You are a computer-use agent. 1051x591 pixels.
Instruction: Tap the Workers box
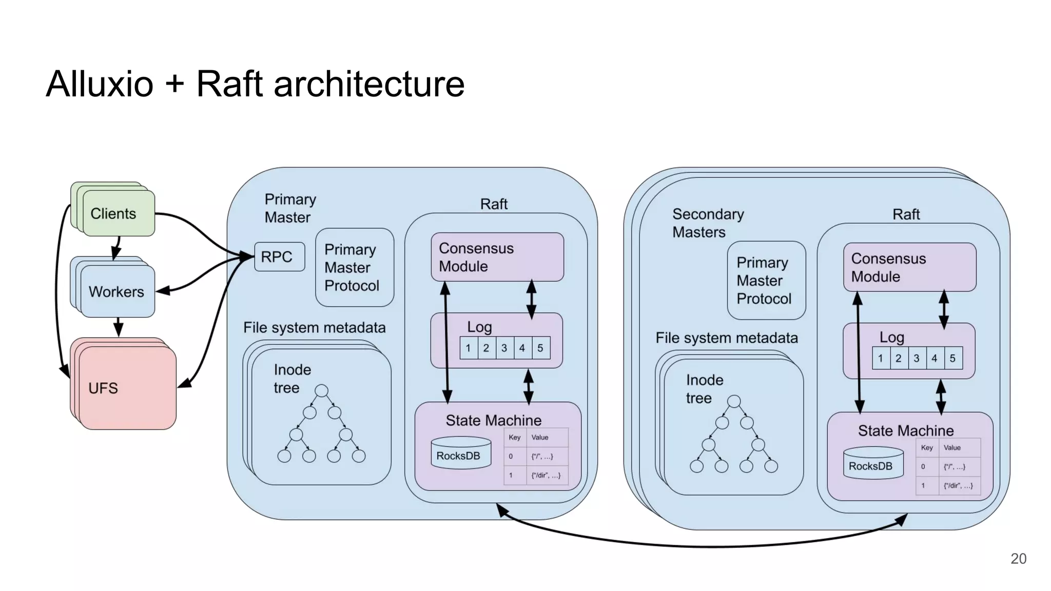pyautogui.click(x=117, y=291)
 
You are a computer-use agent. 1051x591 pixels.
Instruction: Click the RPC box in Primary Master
pyautogui.click(x=279, y=257)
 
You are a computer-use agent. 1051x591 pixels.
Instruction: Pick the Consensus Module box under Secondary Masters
pyautogui.click(x=909, y=267)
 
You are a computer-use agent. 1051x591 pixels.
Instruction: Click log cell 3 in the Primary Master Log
pyautogui.click(x=504, y=348)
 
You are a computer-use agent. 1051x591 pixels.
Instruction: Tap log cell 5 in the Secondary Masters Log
pyautogui.click(x=952, y=358)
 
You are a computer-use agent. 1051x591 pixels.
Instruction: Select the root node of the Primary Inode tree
pyautogui.click(x=321, y=391)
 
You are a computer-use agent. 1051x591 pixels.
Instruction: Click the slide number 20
pyautogui.click(x=1018, y=559)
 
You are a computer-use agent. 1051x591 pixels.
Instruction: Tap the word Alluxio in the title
pyautogui.click(x=100, y=84)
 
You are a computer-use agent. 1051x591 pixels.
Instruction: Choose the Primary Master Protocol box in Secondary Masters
pyautogui.click(x=766, y=281)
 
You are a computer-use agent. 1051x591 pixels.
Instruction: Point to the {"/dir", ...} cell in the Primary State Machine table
pyautogui.click(x=546, y=476)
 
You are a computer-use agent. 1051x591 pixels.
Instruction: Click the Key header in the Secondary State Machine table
pyautogui.click(x=927, y=447)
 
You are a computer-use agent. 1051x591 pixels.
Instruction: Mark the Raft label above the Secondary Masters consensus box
pyautogui.click(x=906, y=214)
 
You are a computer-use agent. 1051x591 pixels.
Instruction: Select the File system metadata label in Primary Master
pyautogui.click(x=314, y=328)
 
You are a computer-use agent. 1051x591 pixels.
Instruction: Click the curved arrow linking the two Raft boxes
pyautogui.click(x=703, y=545)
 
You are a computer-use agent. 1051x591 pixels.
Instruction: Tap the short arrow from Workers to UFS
pyautogui.click(x=118, y=327)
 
